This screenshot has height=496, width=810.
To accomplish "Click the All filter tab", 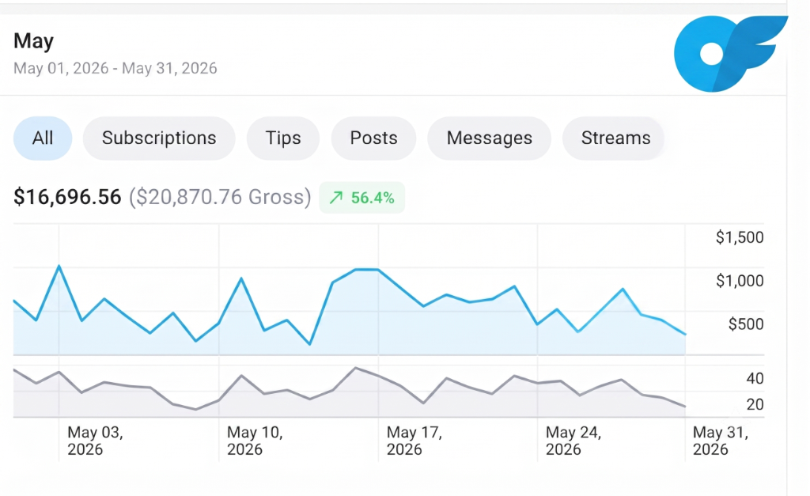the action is (43, 138).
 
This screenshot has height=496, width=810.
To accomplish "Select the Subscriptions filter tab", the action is (159, 138).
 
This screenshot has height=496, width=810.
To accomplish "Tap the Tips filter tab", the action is (283, 138).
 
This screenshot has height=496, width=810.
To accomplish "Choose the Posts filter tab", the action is (373, 138).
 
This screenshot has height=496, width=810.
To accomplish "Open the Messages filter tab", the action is (489, 138).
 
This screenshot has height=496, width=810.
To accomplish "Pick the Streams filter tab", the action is (615, 138).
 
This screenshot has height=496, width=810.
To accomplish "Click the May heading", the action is (33, 41).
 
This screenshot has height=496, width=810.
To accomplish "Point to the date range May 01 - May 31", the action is (115, 68).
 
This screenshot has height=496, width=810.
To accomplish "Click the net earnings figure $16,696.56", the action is (67, 197).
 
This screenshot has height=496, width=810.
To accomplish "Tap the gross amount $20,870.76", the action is (220, 197).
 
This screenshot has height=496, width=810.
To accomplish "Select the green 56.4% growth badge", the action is (361, 197).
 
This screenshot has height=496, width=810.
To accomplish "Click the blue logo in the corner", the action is (730, 53).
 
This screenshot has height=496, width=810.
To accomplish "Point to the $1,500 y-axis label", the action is (740, 237).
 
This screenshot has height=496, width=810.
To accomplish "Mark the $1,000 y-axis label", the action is (740, 281).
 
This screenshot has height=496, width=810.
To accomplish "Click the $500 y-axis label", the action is (745, 324).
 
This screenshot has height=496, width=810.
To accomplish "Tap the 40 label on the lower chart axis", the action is (755, 378).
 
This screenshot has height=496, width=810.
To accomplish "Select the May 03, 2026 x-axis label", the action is (95, 441).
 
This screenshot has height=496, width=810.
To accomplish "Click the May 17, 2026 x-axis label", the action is (414, 441).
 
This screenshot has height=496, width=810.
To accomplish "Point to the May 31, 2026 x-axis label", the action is (720, 441).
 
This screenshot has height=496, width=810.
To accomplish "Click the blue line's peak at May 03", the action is (59, 266).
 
